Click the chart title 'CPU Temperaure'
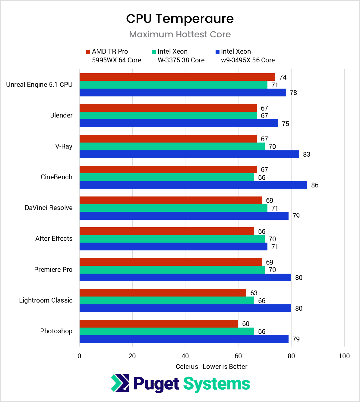tap(180, 19)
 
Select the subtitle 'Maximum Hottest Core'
tap(180, 34)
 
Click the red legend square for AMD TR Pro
tap(88, 52)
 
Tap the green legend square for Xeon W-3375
tap(154, 52)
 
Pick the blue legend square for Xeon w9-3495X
tap(217, 52)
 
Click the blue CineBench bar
tap(193, 185)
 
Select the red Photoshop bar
tap(159, 324)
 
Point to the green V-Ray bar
tap(172, 146)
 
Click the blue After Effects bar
tap(173, 247)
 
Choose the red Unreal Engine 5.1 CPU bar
tap(177, 77)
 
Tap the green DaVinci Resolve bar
tap(173, 208)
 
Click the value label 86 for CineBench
tap(314, 185)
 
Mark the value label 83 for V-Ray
tap(306, 154)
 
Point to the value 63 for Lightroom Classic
tap(254, 293)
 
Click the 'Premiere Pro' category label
tap(53, 269)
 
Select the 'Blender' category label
tap(61, 115)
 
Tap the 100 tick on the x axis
tap(344, 356)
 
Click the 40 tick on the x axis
tap(185, 356)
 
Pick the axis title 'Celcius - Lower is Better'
tap(211, 366)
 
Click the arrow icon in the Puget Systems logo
tap(120, 383)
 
